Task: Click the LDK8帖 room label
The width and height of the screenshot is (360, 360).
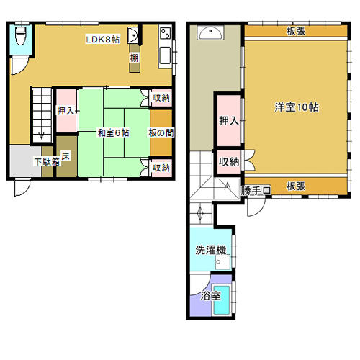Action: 102,40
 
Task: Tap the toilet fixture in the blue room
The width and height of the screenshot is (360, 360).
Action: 21,35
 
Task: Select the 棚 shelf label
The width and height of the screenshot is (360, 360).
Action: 135,58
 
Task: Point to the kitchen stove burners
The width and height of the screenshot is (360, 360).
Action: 166,33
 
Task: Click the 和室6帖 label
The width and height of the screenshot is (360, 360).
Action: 113,132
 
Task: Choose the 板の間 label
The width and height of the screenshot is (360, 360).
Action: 161,132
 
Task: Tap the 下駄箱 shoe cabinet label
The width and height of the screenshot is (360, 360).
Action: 47,162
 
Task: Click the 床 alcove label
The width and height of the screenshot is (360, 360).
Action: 66,156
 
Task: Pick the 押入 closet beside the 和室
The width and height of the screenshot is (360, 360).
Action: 66,111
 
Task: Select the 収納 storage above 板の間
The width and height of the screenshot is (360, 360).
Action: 161,98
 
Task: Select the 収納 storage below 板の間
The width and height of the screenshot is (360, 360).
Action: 161,168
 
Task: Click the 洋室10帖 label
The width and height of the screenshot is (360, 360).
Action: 297,107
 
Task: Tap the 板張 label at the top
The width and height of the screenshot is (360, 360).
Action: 296,31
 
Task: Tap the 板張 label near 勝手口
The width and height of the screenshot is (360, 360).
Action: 296,186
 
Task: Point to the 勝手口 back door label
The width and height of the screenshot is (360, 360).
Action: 256,191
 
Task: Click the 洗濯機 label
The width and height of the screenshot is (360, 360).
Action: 211,250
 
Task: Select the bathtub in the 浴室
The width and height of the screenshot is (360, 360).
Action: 222,300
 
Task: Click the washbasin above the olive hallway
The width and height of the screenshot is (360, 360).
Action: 210,32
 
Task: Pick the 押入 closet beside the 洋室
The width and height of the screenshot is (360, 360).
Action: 229,121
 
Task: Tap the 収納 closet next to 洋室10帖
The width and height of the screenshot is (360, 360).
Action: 229,162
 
